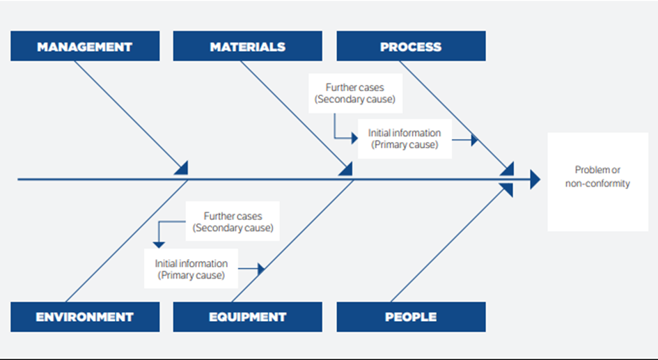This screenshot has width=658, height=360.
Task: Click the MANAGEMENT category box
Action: coord(84,47)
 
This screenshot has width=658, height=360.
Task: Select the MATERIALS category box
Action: coord(247,47)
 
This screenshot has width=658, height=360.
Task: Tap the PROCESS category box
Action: coord(411,47)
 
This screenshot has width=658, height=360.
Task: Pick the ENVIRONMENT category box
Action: coord(84,317)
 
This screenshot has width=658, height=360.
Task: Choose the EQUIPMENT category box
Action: coord(247,317)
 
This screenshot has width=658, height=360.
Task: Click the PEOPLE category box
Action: coord(411,317)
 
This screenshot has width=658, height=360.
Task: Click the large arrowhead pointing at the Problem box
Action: coord(534,180)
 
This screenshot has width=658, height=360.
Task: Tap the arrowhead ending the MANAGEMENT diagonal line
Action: coord(182,168)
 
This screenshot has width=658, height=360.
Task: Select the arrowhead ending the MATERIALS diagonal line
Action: coord(347,168)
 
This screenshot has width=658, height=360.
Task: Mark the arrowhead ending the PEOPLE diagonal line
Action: coord(508,189)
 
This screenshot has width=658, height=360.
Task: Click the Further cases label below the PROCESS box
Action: coord(354,93)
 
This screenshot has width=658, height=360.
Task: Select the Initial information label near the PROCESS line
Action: coord(405,139)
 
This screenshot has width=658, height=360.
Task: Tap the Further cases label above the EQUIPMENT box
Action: coord(233,222)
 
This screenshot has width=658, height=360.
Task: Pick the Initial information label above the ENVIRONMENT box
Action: coord(191,269)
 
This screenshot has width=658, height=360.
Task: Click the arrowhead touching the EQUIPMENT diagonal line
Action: coord(261,269)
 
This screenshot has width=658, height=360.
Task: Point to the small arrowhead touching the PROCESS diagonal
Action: coord(475,139)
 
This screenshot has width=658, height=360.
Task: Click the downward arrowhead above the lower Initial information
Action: coord(159,244)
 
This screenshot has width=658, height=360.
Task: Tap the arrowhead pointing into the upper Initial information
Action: coord(354,139)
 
